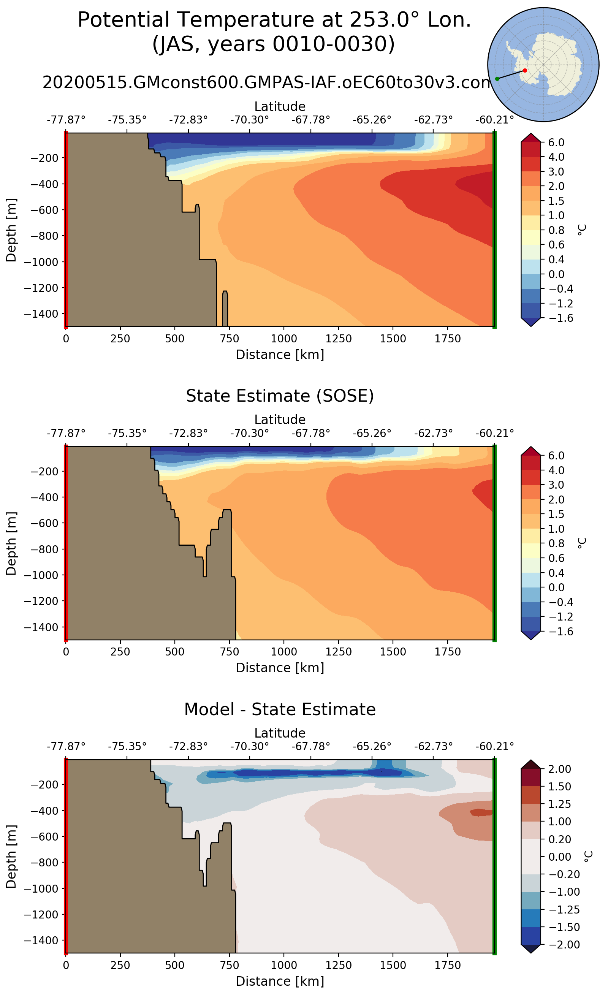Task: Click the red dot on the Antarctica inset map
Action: tap(525, 70)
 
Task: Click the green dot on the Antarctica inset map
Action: tap(497, 79)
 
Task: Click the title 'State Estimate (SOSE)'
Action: tap(280, 396)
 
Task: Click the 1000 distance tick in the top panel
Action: tap(284, 339)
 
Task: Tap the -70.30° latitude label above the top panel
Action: tap(249, 120)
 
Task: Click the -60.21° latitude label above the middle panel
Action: tap(495, 433)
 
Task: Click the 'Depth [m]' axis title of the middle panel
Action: tap(11, 543)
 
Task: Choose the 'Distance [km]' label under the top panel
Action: tap(280, 355)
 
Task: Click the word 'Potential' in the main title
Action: tap(123, 20)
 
